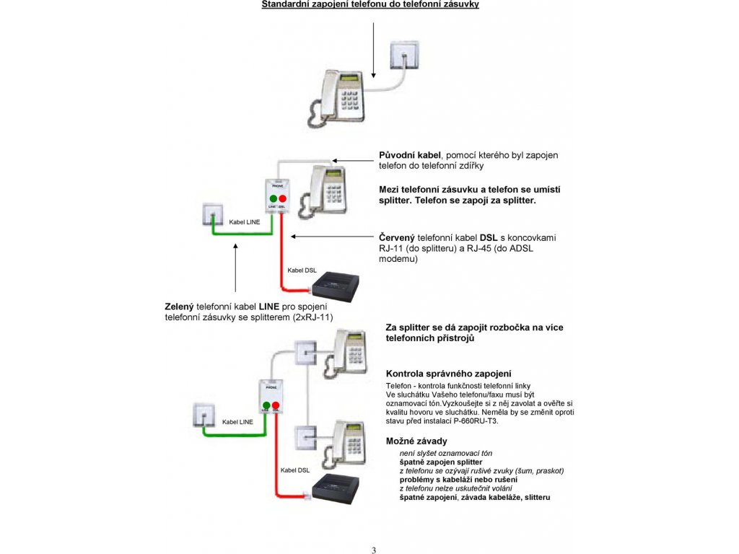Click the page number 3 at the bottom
[374, 550]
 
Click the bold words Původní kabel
[409, 155]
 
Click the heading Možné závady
[416, 441]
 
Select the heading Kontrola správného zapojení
[448, 374]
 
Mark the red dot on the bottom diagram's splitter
[276, 406]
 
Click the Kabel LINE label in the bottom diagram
[237, 422]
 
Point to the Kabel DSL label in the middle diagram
[302, 271]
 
